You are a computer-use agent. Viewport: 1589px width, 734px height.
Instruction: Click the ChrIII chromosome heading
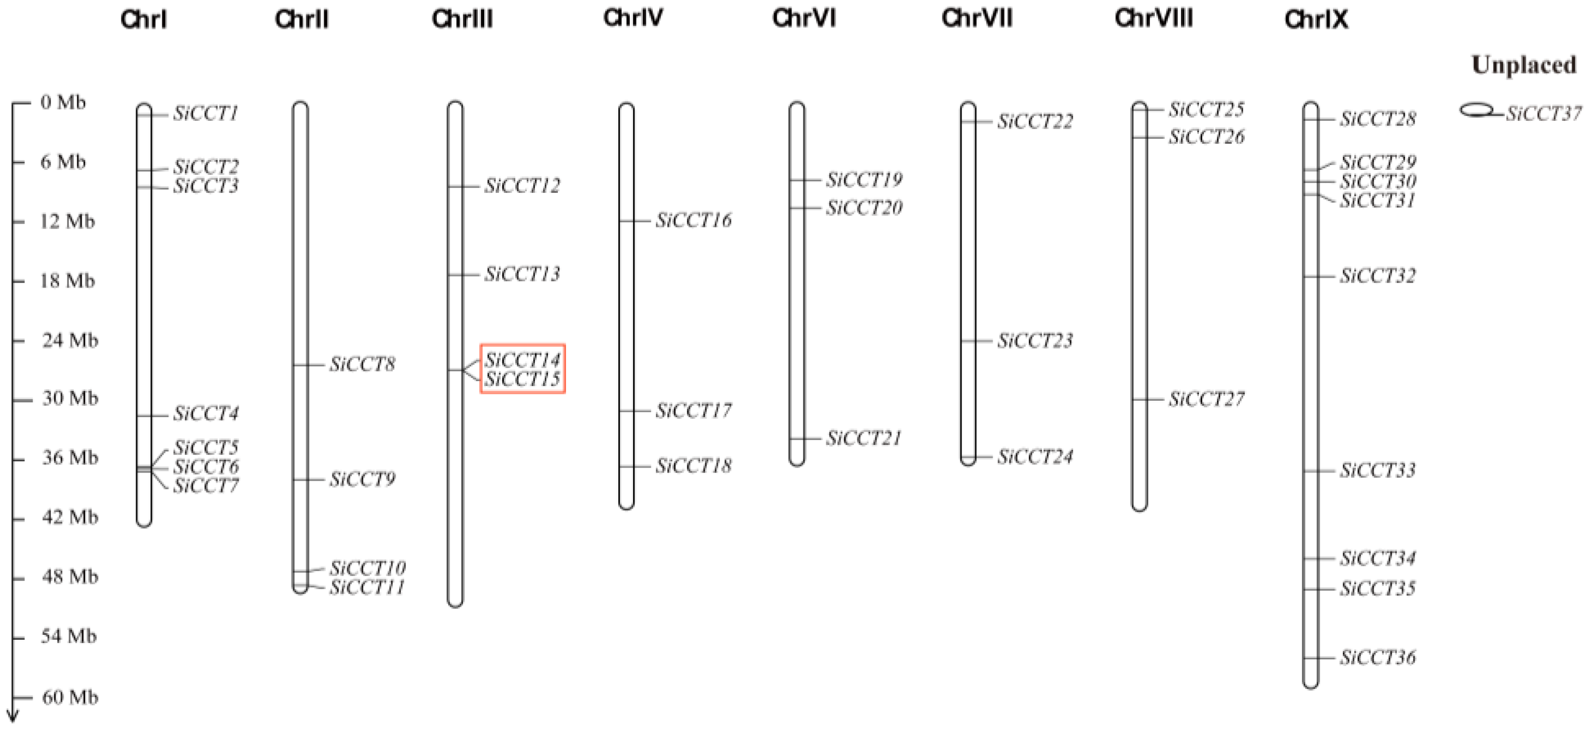pyautogui.click(x=462, y=19)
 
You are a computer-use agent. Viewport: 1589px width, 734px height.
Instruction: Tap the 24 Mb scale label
pyautogui.click(x=70, y=340)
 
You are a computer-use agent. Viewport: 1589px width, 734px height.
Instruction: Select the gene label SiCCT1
pyautogui.click(x=205, y=113)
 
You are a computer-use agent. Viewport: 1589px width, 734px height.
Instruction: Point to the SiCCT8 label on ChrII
pyautogui.click(x=362, y=364)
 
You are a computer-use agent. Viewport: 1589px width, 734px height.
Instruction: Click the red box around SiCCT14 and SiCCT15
pyautogui.click(x=522, y=369)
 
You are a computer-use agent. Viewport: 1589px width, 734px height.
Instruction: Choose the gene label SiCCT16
pyautogui.click(x=693, y=220)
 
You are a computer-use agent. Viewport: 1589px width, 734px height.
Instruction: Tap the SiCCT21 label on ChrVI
pyautogui.click(x=864, y=438)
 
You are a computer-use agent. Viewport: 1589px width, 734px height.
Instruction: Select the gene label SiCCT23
pyautogui.click(x=1035, y=340)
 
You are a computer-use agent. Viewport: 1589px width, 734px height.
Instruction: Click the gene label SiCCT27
pyautogui.click(x=1207, y=400)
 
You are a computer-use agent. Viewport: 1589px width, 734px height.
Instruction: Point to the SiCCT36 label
pyautogui.click(x=1378, y=658)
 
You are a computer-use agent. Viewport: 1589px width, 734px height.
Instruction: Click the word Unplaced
pyautogui.click(x=1524, y=65)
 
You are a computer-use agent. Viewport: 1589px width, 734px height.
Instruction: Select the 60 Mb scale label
pyautogui.click(x=70, y=697)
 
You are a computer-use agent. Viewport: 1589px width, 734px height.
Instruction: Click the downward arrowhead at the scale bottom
pyautogui.click(x=13, y=717)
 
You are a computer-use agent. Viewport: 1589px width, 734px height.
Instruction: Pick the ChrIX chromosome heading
pyautogui.click(x=1316, y=20)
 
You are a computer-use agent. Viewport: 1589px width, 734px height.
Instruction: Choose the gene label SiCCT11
pyautogui.click(x=367, y=587)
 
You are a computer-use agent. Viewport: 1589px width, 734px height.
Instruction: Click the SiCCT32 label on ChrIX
pyautogui.click(x=1378, y=276)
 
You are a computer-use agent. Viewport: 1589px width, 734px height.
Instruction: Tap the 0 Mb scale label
pyautogui.click(x=63, y=102)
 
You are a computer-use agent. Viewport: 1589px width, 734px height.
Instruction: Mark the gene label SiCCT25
pyautogui.click(x=1207, y=110)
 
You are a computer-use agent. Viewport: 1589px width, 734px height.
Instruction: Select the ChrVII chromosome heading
pyautogui.click(x=977, y=19)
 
